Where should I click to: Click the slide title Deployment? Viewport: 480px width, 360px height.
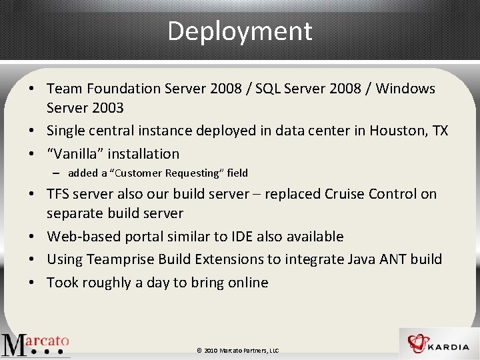(239, 31)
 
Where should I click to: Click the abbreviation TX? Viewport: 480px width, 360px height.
(439, 131)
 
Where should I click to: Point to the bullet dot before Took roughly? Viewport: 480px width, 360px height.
(31, 283)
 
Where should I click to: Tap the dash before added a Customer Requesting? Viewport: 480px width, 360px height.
(58, 173)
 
